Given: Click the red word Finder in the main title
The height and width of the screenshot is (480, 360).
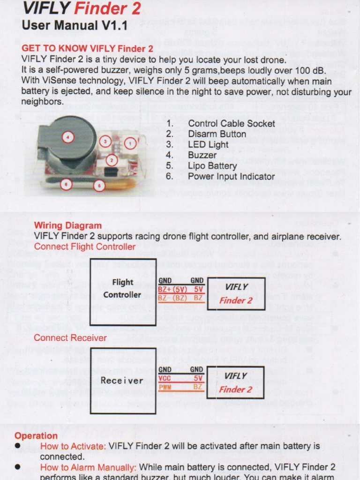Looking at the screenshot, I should [100, 8].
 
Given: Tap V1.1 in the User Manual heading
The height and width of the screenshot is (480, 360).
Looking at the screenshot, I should [112, 25].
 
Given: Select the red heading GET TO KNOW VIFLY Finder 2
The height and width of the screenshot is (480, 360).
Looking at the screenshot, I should [87, 48].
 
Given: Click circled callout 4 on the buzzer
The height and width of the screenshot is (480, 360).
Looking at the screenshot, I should [68, 137].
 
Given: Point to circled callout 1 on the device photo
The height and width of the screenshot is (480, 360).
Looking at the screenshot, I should [131, 142].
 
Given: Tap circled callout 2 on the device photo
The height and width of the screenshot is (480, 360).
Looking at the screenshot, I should [111, 160].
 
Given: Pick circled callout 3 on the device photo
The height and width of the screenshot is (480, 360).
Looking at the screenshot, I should [105, 141].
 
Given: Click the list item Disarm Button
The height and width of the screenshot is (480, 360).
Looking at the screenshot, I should [217, 134].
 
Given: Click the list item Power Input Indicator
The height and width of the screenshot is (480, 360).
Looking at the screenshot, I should [231, 176].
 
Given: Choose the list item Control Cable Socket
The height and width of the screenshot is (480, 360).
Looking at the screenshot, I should [231, 124].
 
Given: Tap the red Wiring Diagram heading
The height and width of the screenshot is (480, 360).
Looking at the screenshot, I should [68, 225].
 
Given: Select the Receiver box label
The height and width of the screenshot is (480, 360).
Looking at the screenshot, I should [122, 381].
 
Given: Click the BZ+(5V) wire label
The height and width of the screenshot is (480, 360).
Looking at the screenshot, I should [172, 289].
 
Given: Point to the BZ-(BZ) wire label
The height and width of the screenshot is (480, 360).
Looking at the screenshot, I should [172, 298].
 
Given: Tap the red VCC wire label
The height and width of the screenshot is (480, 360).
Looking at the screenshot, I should [165, 378].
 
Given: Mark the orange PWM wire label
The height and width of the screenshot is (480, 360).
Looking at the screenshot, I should [165, 387].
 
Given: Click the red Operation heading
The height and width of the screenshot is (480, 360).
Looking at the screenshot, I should [36, 435].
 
